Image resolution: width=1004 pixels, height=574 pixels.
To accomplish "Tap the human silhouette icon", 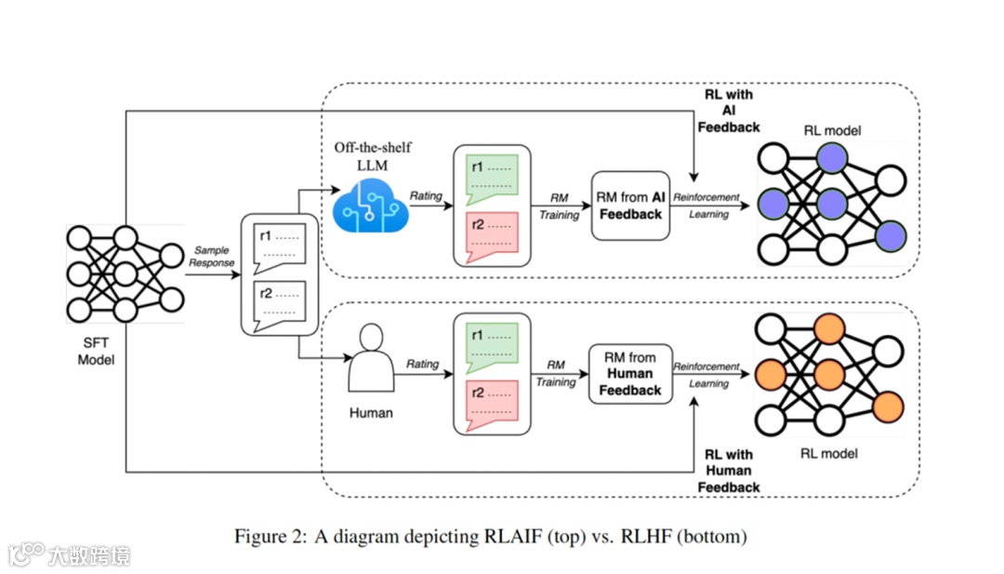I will click(371, 357).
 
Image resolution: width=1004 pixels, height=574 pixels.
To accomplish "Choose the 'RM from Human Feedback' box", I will click(629, 374).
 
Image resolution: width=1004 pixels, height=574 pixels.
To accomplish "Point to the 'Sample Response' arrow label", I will click(212, 257).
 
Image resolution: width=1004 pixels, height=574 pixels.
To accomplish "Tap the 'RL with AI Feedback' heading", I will click(729, 111).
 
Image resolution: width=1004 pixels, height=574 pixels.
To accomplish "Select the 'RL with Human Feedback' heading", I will click(729, 471).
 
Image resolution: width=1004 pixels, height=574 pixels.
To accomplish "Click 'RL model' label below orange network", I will click(829, 454).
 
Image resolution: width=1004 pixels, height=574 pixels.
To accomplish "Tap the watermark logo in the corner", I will click(28, 555).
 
